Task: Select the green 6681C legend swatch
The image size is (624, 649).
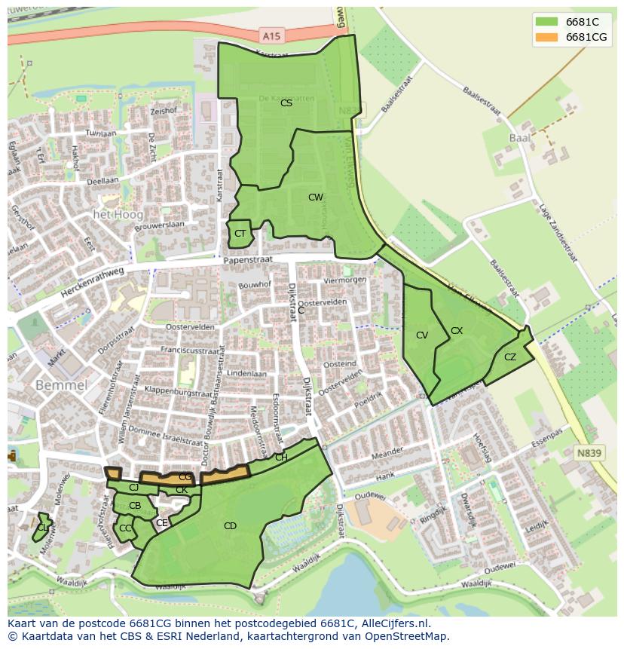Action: (546, 22)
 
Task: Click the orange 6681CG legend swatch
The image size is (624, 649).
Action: (546, 37)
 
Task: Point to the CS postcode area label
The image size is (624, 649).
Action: (286, 103)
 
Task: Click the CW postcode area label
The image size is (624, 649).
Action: (315, 197)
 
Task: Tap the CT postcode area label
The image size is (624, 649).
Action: (240, 234)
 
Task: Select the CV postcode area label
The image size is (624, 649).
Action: (421, 335)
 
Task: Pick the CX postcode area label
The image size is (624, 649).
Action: (457, 331)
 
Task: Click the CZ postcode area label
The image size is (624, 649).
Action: (510, 357)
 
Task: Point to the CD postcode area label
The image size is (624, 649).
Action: (230, 526)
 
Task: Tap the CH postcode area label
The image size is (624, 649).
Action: (281, 458)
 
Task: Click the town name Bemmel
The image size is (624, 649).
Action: (62, 385)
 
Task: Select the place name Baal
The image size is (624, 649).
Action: (520, 138)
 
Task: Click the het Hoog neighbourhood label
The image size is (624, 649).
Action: (118, 215)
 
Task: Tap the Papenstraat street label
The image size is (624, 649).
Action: (246, 260)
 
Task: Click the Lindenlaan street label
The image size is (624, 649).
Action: (246, 374)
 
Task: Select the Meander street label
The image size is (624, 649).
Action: (387, 455)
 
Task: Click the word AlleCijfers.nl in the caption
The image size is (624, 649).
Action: (393, 623)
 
